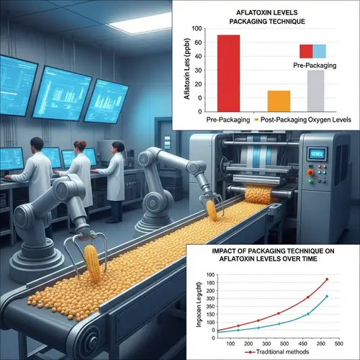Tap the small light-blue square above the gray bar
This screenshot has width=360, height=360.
320,50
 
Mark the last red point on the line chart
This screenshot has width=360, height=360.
327,279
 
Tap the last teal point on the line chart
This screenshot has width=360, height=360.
327,296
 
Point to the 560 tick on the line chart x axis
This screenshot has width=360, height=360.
338,343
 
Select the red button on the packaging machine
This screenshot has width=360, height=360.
311,173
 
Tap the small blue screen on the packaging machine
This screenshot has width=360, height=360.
318,153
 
